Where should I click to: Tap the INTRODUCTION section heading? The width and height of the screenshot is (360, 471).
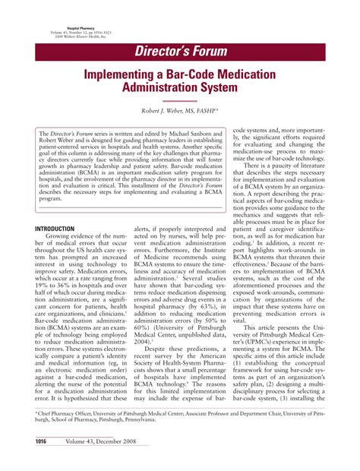[65, 229]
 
